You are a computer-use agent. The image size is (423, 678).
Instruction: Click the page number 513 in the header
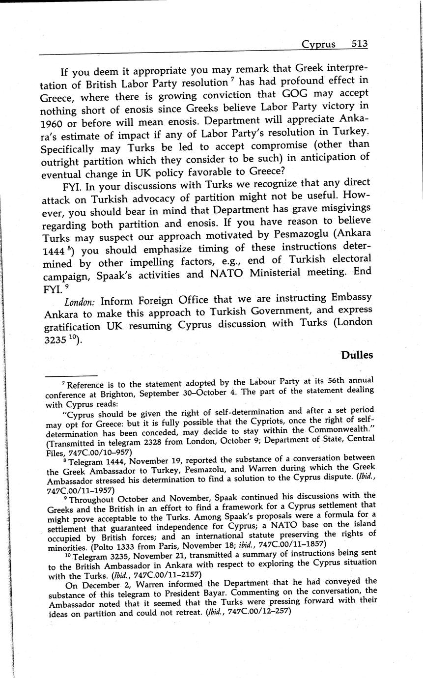[360, 44]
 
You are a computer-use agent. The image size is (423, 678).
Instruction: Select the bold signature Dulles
[356, 355]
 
